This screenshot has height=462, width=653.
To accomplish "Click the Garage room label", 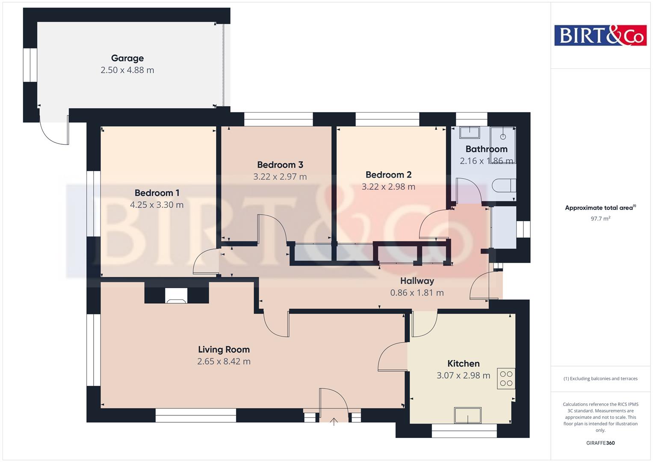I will tap(127, 58).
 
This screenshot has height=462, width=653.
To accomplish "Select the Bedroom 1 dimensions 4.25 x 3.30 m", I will tap(157, 205).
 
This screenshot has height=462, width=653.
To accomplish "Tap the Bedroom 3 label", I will tap(280, 165).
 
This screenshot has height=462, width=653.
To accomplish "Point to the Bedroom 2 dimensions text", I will tap(388, 187).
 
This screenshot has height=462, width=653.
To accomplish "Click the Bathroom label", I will tap(486, 149).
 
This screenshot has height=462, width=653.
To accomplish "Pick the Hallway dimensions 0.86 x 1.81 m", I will tap(417, 293).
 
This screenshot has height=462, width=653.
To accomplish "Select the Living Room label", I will tap(224, 349).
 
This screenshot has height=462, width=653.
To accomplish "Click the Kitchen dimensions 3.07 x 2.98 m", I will tap(463, 376).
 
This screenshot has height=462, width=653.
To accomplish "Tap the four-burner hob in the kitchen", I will tap(506, 379).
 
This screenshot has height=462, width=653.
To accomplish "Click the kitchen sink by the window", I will tap(468, 415).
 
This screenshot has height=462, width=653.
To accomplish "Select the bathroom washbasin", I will tap(470, 132).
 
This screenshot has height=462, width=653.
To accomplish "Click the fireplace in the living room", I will tap(176, 296).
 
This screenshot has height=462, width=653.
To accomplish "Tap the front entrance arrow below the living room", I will tap(334, 422).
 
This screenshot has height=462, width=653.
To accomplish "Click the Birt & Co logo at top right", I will tap(600, 35).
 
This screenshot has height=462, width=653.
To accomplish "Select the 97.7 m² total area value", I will tap(600, 219).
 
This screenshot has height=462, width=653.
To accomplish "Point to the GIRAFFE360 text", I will tap(600, 443).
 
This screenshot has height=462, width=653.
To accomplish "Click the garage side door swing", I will tap(54, 130).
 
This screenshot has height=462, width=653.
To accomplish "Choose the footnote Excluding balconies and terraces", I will tap(600, 379).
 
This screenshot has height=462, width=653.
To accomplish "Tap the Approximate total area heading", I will tap(600, 208).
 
